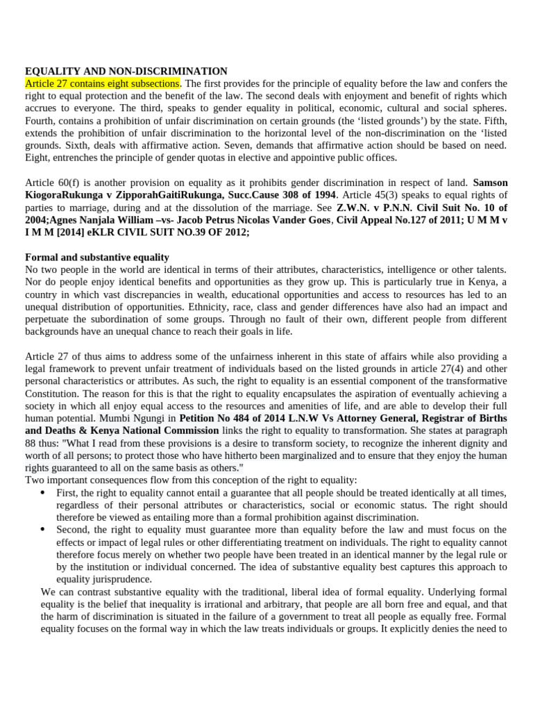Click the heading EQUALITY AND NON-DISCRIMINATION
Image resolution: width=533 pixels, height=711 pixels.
[126, 71]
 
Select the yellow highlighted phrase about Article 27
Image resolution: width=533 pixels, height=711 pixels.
[102, 83]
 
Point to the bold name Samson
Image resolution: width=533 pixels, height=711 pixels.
[490, 183]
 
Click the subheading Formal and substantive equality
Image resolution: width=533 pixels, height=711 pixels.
[97, 257]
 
